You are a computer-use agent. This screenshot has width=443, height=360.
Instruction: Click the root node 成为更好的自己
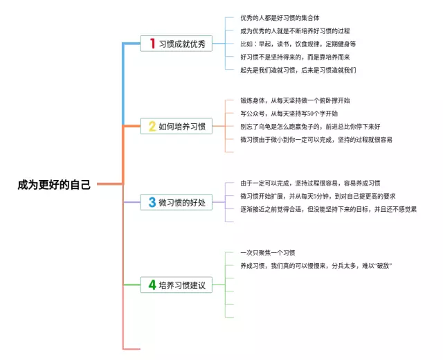point(54,185)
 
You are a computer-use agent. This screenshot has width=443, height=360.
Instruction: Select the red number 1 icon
point(152,44)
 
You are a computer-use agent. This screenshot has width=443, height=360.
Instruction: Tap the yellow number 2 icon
point(152,126)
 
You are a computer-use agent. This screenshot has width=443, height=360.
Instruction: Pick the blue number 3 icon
point(152,202)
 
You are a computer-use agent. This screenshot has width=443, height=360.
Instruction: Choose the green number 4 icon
point(152,285)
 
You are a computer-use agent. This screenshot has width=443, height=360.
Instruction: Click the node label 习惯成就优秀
point(182,44)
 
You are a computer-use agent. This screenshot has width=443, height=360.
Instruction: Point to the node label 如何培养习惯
point(182,127)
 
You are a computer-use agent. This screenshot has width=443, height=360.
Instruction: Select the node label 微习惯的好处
point(182,203)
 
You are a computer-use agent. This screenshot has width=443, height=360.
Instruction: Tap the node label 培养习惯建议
point(182,285)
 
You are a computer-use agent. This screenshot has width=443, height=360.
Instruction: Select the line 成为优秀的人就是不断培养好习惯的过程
point(295,30)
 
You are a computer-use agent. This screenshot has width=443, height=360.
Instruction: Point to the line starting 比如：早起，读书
point(298,44)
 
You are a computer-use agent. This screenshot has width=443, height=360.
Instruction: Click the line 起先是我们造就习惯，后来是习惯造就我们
point(298,70)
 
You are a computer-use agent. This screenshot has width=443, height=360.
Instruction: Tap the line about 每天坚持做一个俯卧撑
point(295,100)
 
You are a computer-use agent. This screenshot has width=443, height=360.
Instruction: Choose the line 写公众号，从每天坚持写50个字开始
point(289,114)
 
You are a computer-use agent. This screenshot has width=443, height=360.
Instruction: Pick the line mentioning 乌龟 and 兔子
point(310,127)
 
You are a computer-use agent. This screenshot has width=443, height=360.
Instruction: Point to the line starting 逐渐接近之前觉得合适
point(328,209)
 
